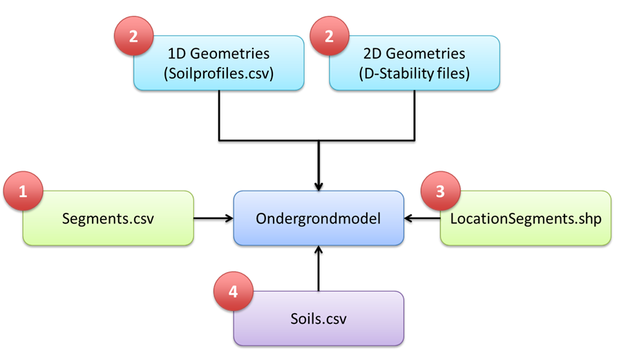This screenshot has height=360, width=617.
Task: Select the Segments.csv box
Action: click(108, 218)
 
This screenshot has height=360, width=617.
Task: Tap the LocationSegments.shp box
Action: click(526, 218)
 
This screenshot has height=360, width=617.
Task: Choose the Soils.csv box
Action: click(318, 319)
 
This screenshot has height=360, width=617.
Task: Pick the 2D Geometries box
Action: click(415, 64)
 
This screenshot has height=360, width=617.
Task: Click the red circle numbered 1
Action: click(23, 191)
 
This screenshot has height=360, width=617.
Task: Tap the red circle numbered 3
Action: click(441, 191)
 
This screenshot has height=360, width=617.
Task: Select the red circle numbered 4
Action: click(233, 292)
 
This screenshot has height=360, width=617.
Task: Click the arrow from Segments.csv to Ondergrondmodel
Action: click(213, 218)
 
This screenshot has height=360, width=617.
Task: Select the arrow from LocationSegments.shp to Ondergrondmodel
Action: click(422, 218)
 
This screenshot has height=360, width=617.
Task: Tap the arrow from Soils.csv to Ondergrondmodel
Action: click(318, 269)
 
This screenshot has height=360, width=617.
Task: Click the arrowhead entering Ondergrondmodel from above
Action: click(318, 186)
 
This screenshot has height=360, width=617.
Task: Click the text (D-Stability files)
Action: click(415, 73)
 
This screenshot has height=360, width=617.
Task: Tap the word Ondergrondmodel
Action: click(318, 218)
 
